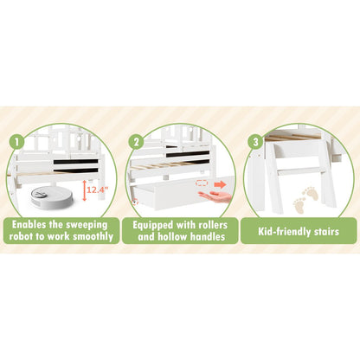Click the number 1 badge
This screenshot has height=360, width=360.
16,142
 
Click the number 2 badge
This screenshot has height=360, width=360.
136,142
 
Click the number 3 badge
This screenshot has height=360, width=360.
255,142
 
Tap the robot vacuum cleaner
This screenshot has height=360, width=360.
51,197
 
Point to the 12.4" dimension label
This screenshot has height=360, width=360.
98,190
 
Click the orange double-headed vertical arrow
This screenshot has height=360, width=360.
84,190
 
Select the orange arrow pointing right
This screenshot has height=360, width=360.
220,184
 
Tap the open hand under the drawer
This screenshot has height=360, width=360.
215,196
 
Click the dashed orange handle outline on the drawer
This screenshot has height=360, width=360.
202,183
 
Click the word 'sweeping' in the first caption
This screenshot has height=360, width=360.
87,225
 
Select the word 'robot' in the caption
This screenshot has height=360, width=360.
21,236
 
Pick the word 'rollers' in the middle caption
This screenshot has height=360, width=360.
213,225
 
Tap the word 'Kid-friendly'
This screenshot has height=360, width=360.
284,232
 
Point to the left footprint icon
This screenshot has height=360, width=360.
299,205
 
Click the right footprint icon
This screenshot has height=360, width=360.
311,193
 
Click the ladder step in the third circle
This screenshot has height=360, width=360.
299,170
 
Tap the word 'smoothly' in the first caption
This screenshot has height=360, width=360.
93,237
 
